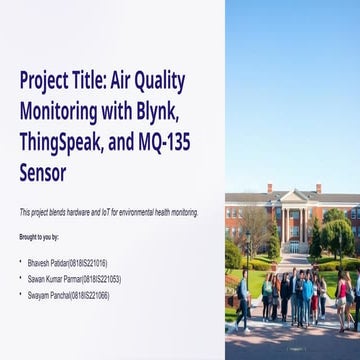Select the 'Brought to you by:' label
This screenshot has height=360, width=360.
pyautogui.click(x=39, y=237)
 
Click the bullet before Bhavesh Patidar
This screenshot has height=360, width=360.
pyautogui.click(x=21, y=261)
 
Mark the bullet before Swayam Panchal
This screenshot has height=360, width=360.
pyautogui.click(x=21, y=296)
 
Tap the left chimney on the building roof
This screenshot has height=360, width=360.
pyautogui.click(x=269, y=188)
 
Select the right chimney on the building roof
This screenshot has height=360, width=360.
pyautogui.click(x=318, y=188)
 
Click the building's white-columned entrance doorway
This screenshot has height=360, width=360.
pyautogui.click(x=293, y=245)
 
